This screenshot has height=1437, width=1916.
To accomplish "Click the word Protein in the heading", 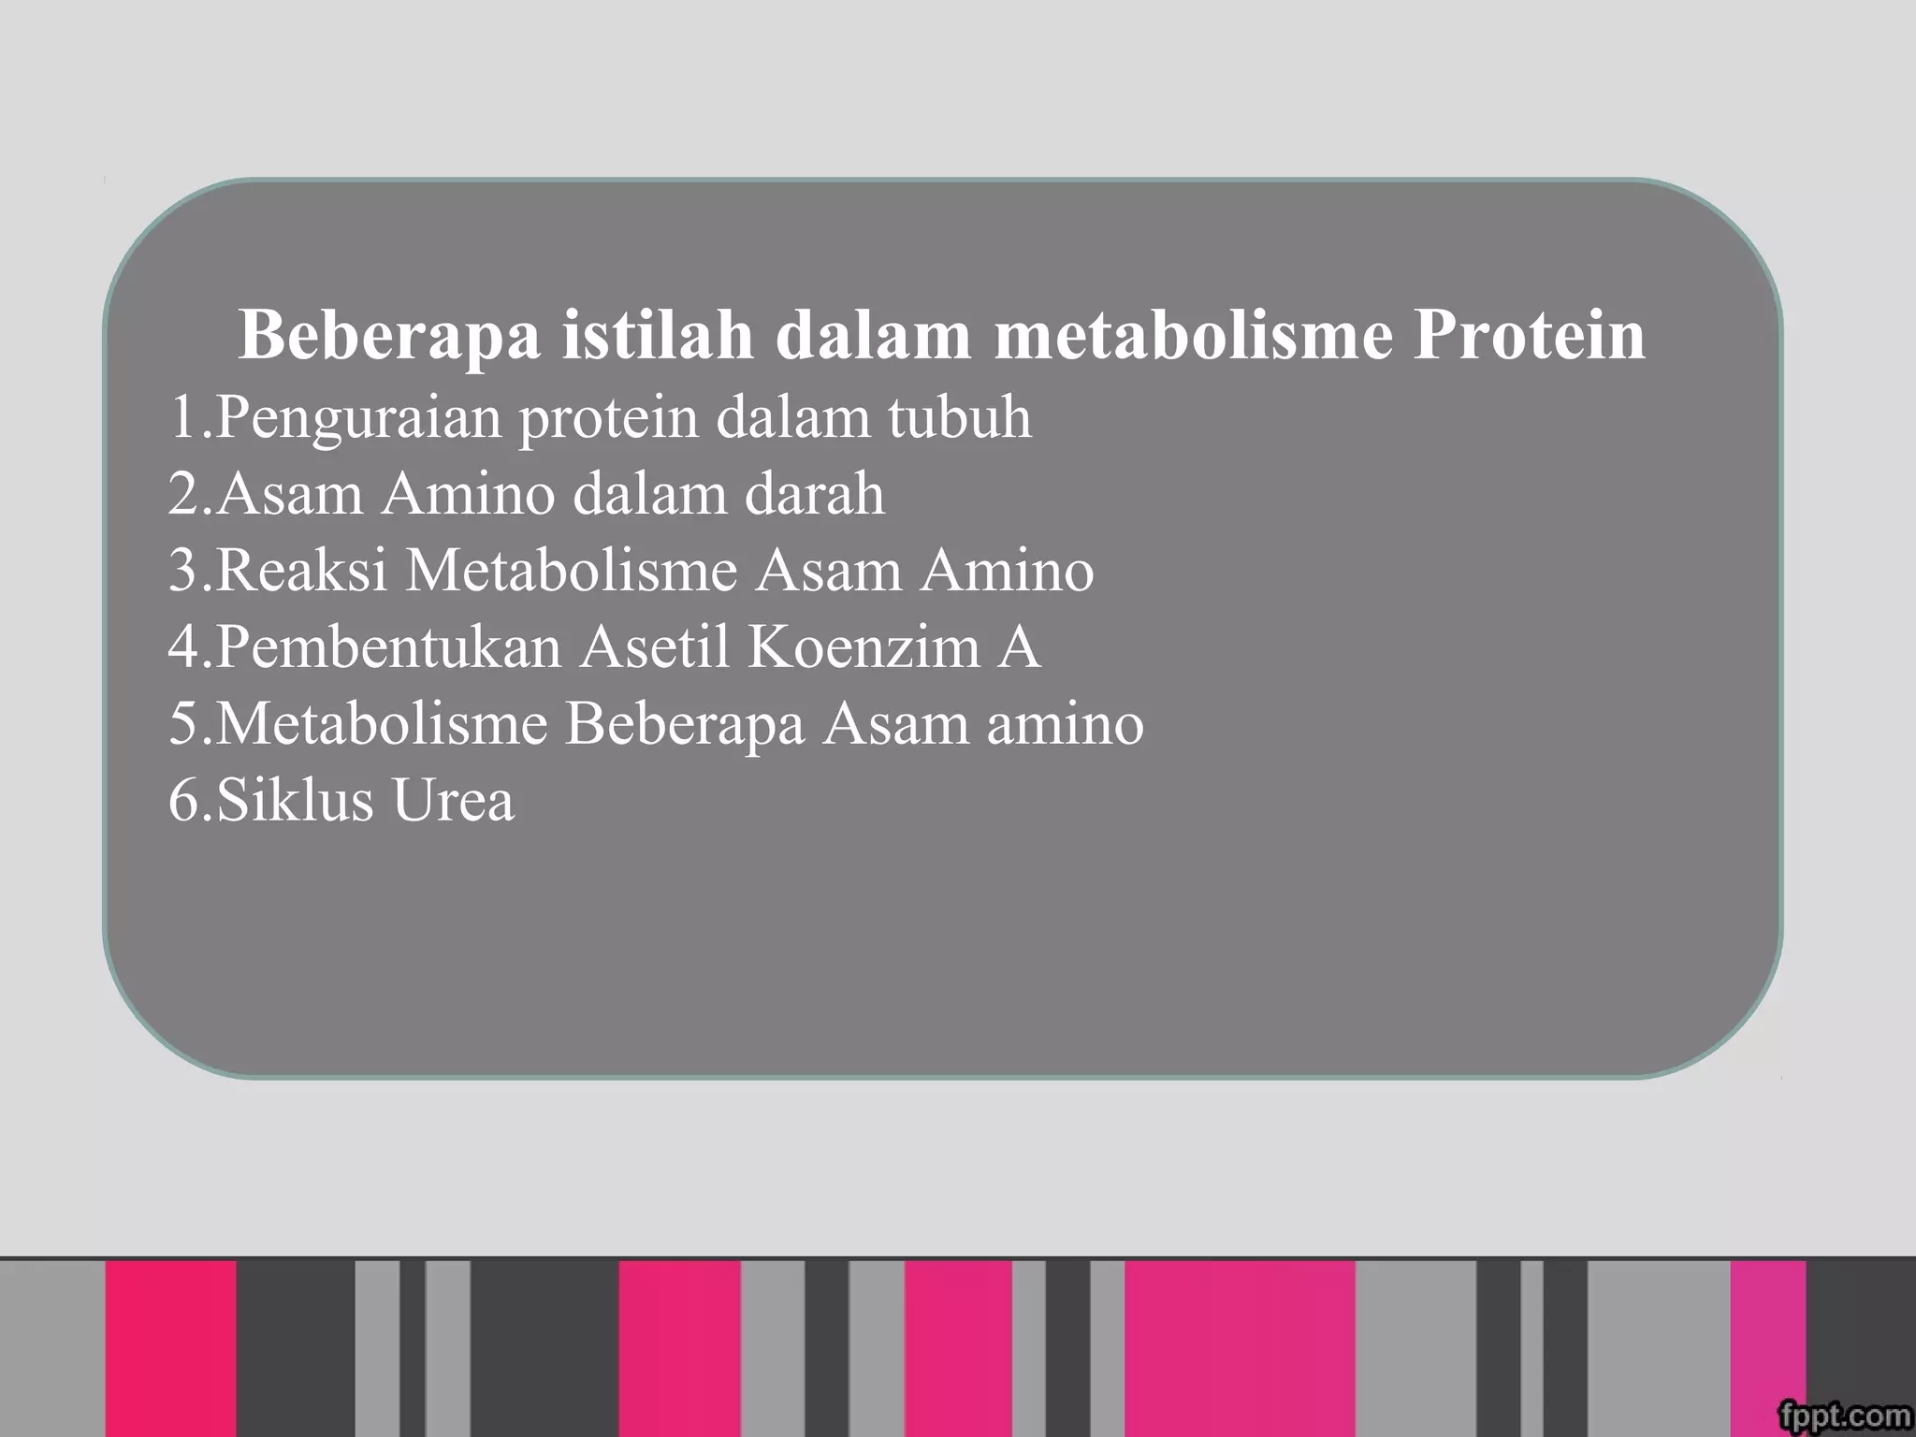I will (x=1529, y=336).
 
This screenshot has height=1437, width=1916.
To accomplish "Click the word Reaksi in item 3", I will (x=301, y=570).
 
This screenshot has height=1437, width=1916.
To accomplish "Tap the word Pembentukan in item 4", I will (x=389, y=646).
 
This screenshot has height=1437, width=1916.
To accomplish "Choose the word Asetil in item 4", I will (x=654, y=646).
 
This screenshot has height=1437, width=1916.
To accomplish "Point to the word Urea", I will (x=453, y=800).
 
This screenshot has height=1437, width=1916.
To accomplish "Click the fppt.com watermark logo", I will (x=1844, y=1415).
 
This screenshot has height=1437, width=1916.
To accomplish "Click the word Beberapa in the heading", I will (x=389, y=336).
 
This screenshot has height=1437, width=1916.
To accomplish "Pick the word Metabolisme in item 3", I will (x=572, y=570).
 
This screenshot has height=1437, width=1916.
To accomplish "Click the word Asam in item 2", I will (x=290, y=493).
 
